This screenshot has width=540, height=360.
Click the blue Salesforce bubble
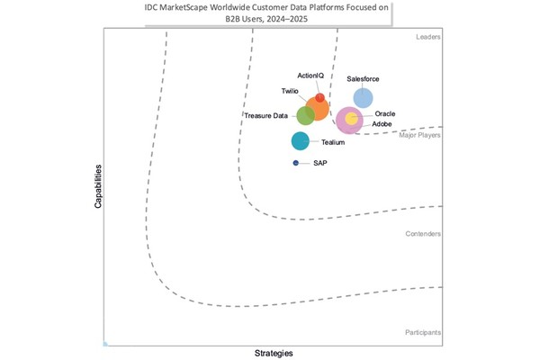(x=363, y=98)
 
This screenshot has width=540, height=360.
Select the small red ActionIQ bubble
(x=320, y=97)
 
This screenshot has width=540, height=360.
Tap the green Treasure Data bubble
(x=306, y=115)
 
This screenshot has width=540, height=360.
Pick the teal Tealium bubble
(x=301, y=140)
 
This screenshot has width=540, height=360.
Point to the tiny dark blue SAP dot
(x=295, y=163)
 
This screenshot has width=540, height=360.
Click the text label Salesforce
(x=363, y=79)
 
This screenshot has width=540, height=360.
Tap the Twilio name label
(x=290, y=91)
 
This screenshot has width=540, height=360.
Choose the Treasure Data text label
(x=266, y=115)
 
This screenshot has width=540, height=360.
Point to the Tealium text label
(x=333, y=142)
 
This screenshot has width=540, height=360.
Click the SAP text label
(x=319, y=163)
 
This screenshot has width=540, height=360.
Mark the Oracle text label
(x=384, y=114)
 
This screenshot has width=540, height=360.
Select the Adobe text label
(x=382, y=124)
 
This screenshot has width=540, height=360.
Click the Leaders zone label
(x=427, y=37)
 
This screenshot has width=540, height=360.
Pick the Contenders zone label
(x=423, y=234)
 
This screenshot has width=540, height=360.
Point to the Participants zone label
(x=421, y=333)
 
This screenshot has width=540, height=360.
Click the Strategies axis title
(x=274, y=353)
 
